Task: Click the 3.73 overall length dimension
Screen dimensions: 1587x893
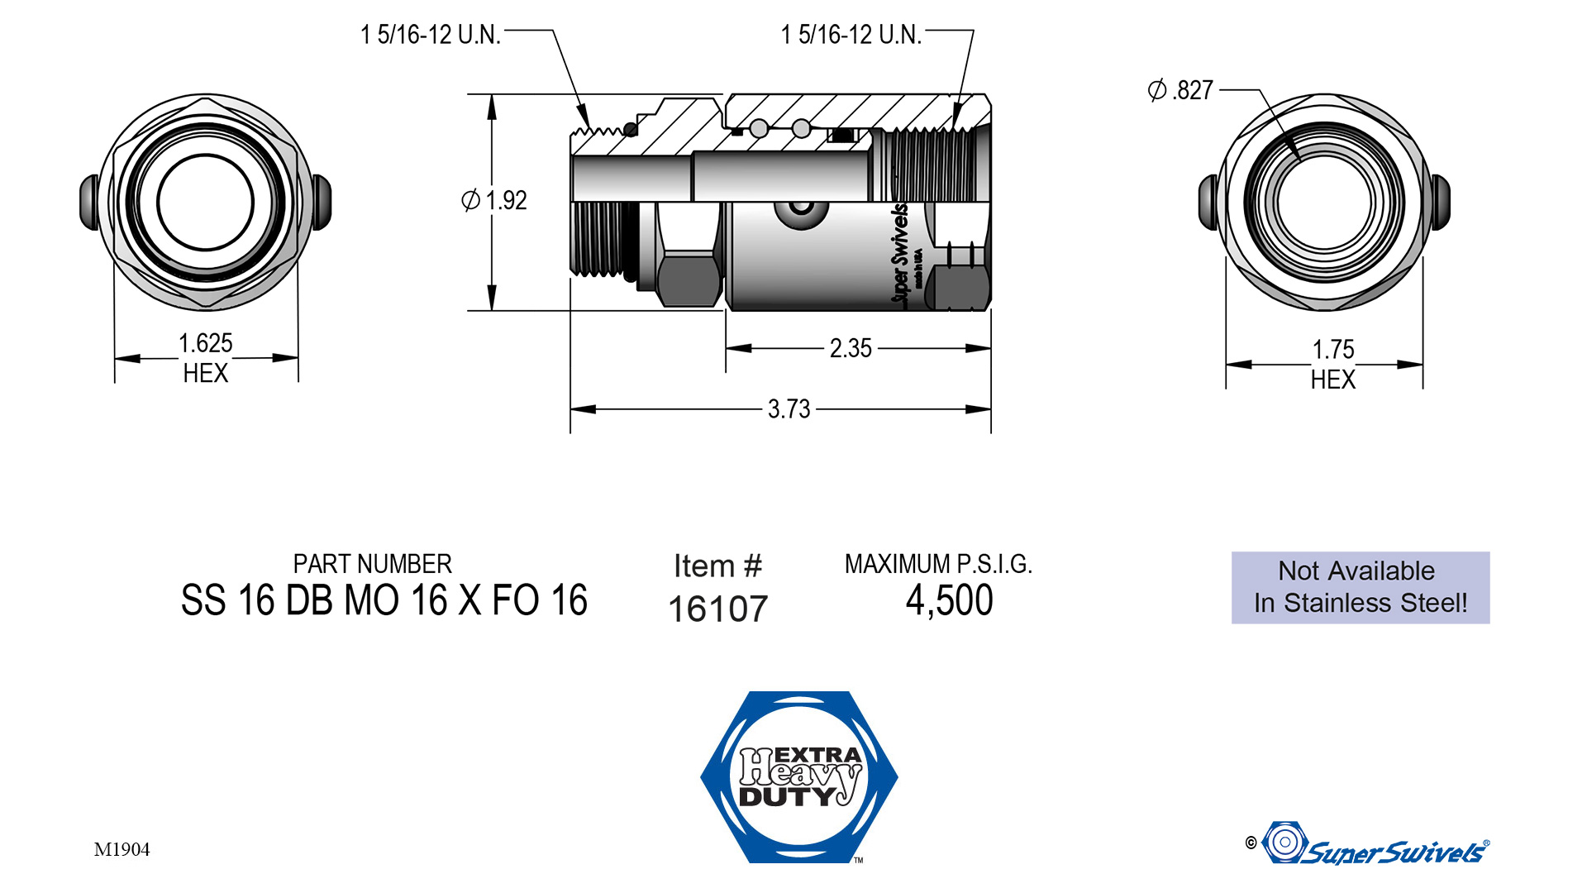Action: click(x=789, y=408)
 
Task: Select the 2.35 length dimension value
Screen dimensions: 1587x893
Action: click(x=851, y=348)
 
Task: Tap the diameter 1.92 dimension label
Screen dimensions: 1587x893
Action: click(x=494, y=200)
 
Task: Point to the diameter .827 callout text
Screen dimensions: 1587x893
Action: click(x=1180, y=89)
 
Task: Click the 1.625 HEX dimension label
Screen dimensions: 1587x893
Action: click(x=206, y=358)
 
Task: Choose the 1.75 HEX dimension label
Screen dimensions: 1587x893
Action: click(x=1333, y=364)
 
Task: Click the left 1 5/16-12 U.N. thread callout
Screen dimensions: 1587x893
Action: click(x=431, y=35)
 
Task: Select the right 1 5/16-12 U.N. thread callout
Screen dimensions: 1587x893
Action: click(x=851, y=35)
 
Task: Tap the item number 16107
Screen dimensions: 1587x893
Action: click(x=718, y=609)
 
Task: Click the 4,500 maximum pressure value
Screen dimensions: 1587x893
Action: click(x=950, y=600)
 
